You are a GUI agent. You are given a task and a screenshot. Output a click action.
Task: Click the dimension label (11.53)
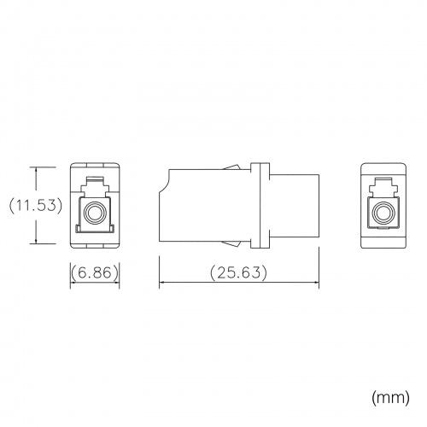point(36,205)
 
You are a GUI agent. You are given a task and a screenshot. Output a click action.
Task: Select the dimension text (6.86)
point(95,272)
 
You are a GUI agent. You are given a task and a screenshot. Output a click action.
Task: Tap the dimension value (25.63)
point(239,272)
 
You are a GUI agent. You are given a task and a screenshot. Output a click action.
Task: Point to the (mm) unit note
point(390,397)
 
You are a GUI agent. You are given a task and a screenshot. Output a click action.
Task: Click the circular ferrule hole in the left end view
point(95,213)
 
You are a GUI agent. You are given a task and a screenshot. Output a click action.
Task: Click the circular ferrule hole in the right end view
point(383,213)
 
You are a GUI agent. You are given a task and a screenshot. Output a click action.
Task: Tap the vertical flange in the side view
point(260,205)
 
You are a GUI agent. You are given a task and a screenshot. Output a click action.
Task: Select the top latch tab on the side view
point(232,167)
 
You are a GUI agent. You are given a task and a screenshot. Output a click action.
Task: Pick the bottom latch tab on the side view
point(232,243)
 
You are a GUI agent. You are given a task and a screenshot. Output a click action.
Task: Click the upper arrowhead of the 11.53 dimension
point(36,170)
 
